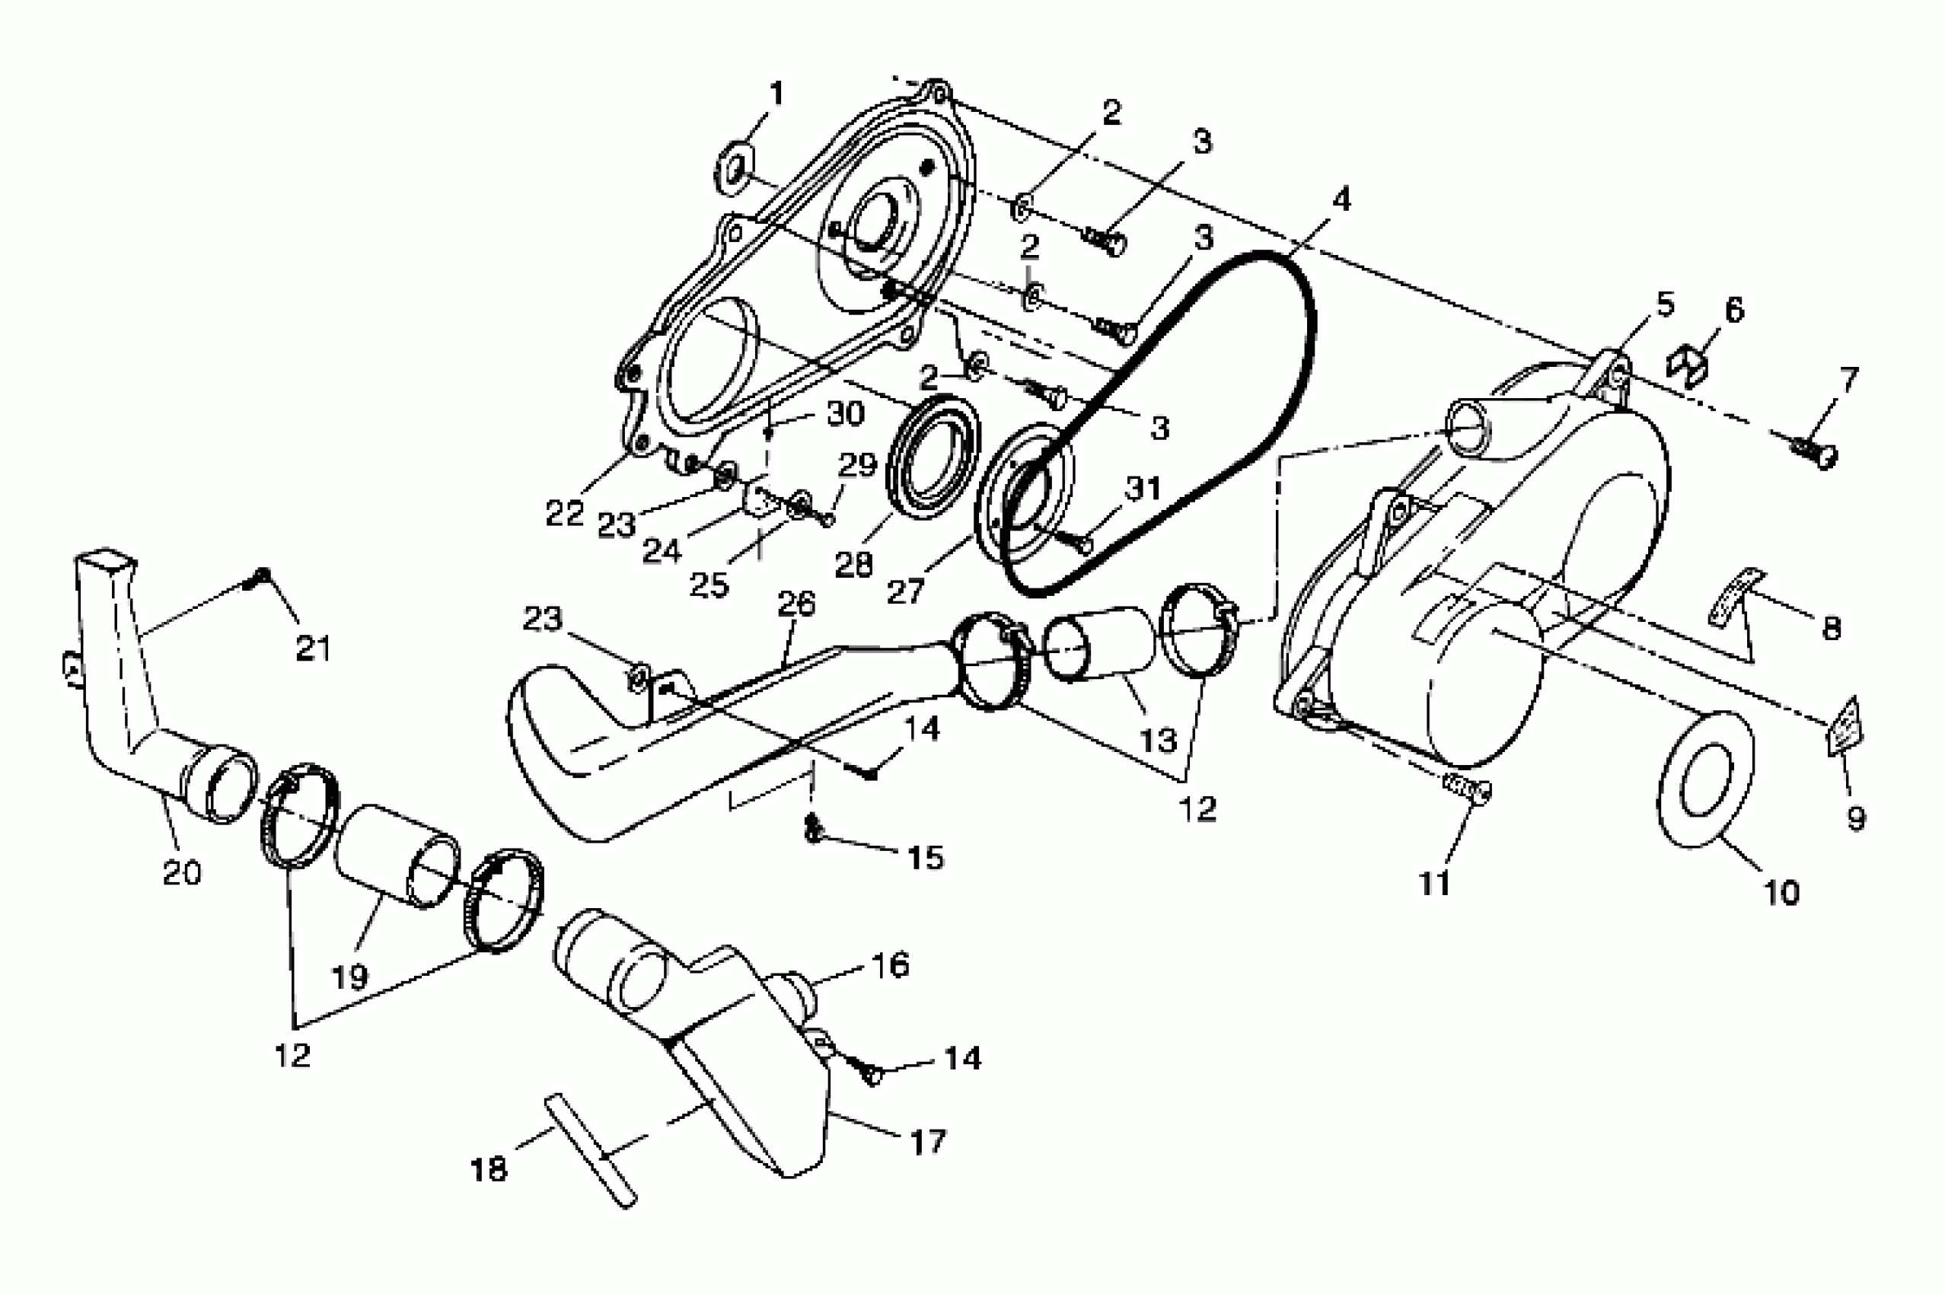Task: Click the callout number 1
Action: tap(776, 94)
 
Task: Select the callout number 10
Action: tap(1781, 892)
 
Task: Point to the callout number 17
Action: tap(926, 1143)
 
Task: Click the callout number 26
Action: tap(796, 604)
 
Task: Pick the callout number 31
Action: tap(1143, 489)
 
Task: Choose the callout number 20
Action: tap(181, 872)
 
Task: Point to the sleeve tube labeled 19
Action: tap(396, 856)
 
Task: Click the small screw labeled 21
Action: tap(262, 578)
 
